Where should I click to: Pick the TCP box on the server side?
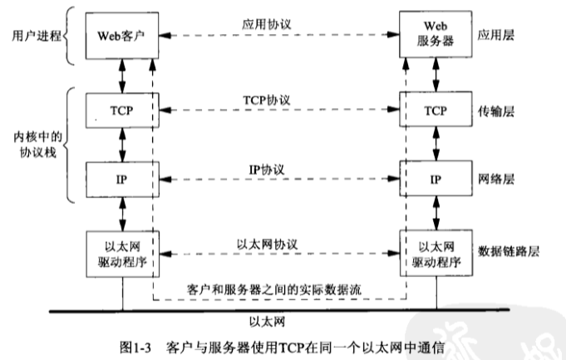point(433,111)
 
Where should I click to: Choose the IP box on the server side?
point(433,180)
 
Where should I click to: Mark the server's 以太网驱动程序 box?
point(433,250)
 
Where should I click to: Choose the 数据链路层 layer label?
point(506,250)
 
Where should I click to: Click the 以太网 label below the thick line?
point(278,319)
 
